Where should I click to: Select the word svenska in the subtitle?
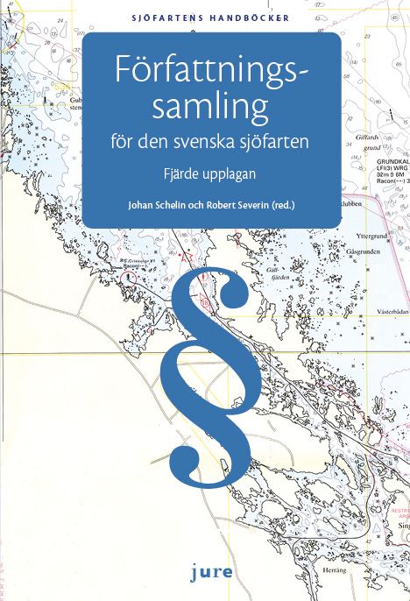point(221,144)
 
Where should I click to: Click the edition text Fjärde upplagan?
point(210,173)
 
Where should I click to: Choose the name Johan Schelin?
point(153,207)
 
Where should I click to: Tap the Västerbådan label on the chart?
point(391,311)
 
